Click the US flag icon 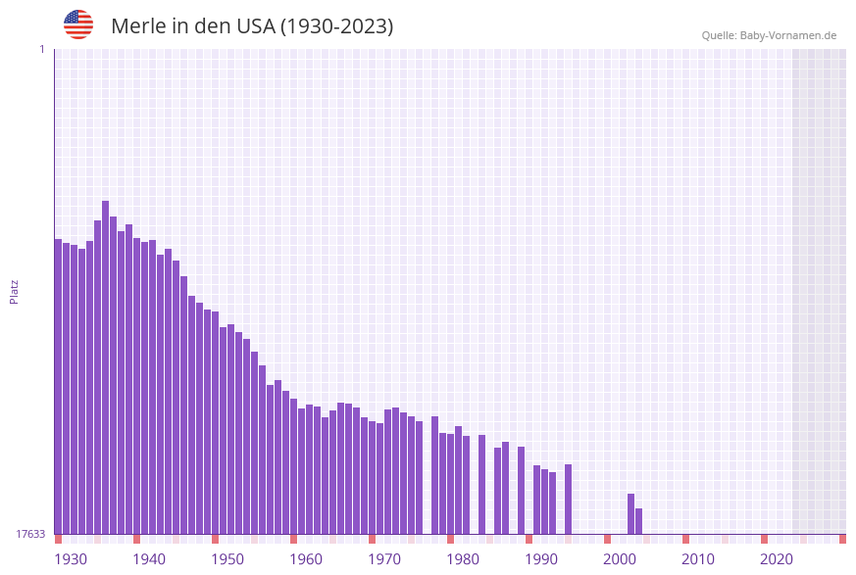78,24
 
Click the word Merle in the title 138,26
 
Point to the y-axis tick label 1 41,49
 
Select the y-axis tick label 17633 30,534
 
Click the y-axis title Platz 15,291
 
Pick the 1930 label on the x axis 71,559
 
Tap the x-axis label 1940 149,559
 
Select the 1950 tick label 227,559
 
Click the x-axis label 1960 306,559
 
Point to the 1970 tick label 384,559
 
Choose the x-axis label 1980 463,559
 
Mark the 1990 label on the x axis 541,559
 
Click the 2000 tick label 620,559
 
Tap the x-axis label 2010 698,559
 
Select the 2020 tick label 777,559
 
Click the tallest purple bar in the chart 106,367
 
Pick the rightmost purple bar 639,521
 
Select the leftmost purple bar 59,386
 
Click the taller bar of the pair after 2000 631,513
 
